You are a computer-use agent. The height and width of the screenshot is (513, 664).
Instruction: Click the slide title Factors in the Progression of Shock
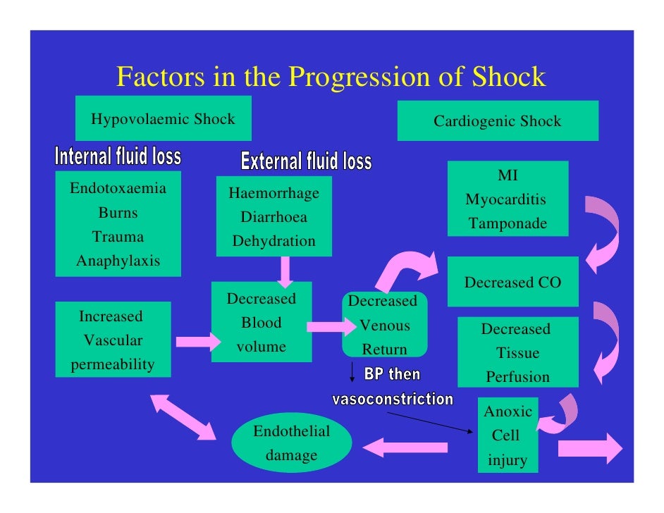[x=331, y=77]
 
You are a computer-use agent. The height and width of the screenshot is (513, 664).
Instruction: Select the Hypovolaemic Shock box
[x=163, y=119]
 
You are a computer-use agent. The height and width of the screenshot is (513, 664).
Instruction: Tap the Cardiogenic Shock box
[x=497, y=121]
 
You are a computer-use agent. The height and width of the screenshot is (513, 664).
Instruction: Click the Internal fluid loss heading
[x=118, y=156]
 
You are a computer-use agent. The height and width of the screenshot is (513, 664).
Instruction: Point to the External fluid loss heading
[x=306, y=161]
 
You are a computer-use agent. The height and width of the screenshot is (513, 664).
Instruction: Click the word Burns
[x=118, y=213]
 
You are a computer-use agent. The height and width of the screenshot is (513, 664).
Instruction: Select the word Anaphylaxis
[x=118, y=261]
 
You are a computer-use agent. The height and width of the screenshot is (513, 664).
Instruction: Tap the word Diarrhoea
[x=273, y=217]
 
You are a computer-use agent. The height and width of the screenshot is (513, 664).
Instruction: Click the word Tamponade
[x=508, y=224]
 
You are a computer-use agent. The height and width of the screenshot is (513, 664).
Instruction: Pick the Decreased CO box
[x=512, y=283]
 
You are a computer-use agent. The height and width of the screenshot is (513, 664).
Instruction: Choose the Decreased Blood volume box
[x=261, y=323]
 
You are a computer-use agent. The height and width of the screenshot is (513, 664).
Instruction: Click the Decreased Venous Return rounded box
[x=384, y=325]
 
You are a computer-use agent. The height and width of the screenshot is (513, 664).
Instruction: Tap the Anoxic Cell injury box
[x=507, y=435]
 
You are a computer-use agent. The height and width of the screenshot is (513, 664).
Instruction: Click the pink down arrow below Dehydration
[x=285, y=271]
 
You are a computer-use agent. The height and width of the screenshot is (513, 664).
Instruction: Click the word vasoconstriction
[x=393, y=400]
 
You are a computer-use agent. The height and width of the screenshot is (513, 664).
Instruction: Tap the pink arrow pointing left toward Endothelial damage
[x=405, y=447]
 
